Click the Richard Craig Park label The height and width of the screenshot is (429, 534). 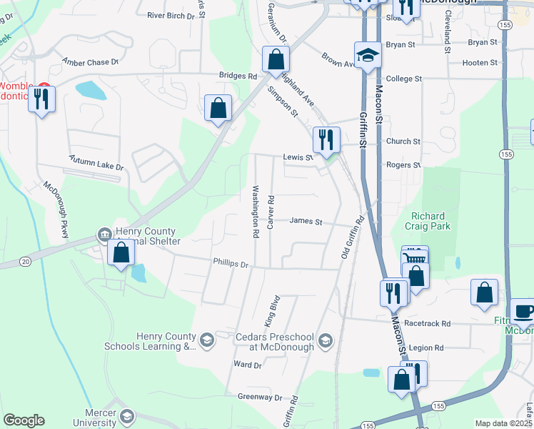pyautogui.click(x=428, y=221)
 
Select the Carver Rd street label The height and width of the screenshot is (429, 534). pyautogui.click(x=271, y=211)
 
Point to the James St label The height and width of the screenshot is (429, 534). pyautogui.click(x=306, y=221)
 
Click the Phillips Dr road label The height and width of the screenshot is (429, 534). pyautogui.click(x=230, y=264)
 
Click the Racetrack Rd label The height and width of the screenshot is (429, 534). pyautogui.click(x=427, y=323)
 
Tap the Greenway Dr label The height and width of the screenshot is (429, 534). pyautogui.click(x=260, y=397)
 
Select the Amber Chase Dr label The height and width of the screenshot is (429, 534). pyautogui.click(x=90, y=62)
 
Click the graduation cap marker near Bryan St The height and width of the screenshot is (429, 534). pyautogui.click(x=368, y=55)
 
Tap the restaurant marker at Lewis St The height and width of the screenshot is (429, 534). pyautogui.click(x=326, y=139)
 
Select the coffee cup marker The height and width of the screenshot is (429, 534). pyautogui.click(x=523, y=311)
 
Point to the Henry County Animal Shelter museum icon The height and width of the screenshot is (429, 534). pyautogui.click(x=104, y=235)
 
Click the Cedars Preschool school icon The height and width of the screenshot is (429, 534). pyautogui.click(x=326, y=339)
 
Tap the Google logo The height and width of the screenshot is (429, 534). pyautogui.click(x=24, y=420)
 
